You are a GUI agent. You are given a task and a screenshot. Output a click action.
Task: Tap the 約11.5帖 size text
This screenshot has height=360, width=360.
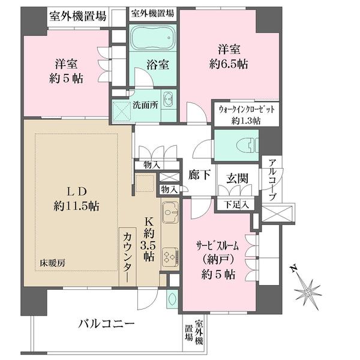(76, 206)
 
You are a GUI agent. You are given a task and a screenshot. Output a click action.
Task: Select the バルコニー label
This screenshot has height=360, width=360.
(106, 324)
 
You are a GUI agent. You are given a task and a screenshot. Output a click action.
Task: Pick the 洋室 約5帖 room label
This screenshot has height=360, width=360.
(66, 71)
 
